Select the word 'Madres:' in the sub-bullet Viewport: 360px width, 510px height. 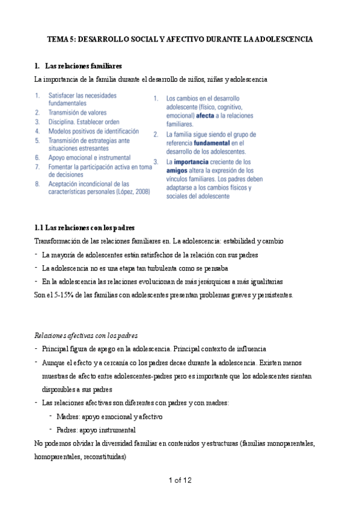(68, 416)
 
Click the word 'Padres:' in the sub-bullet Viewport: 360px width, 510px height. (67, 430)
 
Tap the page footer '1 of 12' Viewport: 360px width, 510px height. (180, 480)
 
